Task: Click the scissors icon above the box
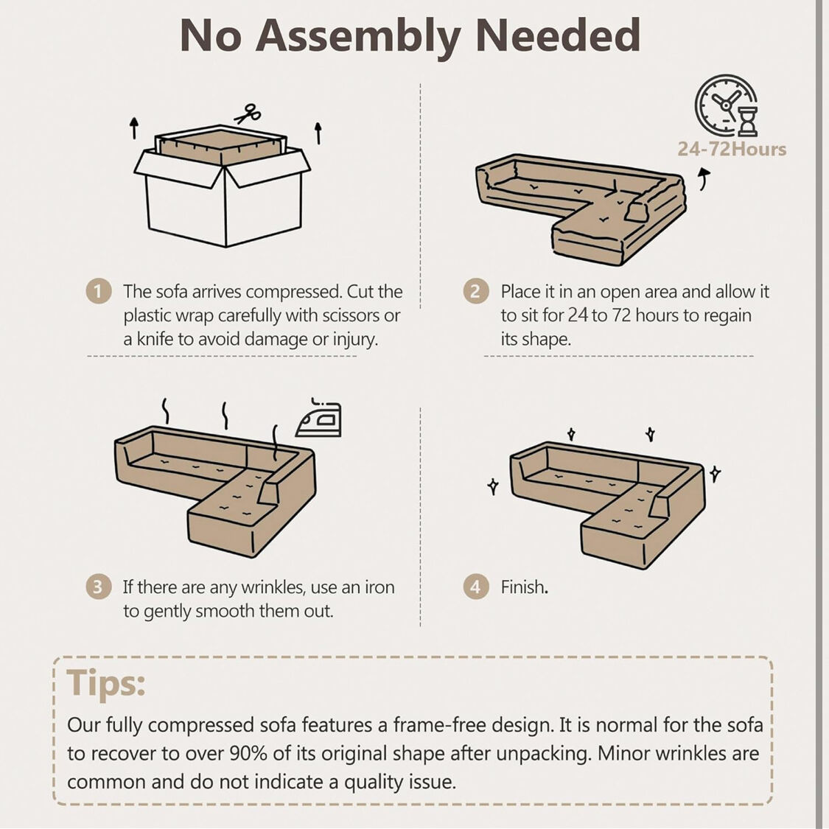(x=247, y=113)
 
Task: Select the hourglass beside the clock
(x=748, y=121)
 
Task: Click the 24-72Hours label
(x=732, y=149)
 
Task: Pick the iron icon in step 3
(x=319, y=418)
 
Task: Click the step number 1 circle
(x=98, y=291)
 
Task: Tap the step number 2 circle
(x=476, y=291)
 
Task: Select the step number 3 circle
(x=98, y=587)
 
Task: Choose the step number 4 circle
(x=476, y=587)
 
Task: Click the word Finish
(x=523, y=587)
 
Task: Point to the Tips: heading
(x=105, y=684)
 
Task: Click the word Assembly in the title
(x=358, y=37)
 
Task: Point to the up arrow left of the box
(x=134, y=128)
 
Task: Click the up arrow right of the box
(x=318, y=133)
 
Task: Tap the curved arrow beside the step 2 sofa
(x=704, y=179)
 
